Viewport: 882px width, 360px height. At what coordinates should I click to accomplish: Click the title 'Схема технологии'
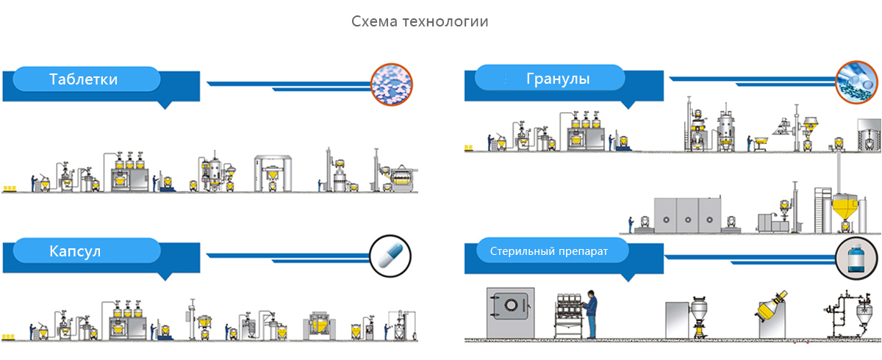tap(420, 22)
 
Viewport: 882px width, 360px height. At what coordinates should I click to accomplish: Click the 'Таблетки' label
tap(83, 79)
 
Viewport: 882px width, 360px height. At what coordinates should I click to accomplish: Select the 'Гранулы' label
tap(558, 78)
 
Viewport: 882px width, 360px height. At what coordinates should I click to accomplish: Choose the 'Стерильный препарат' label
tap(549, 251)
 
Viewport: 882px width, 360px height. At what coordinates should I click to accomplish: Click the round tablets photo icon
tap(392, 82)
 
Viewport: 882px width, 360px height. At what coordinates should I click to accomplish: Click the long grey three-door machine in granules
tap(687, 215)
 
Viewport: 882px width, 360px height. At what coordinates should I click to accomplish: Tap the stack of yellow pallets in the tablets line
tap(10, 188)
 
